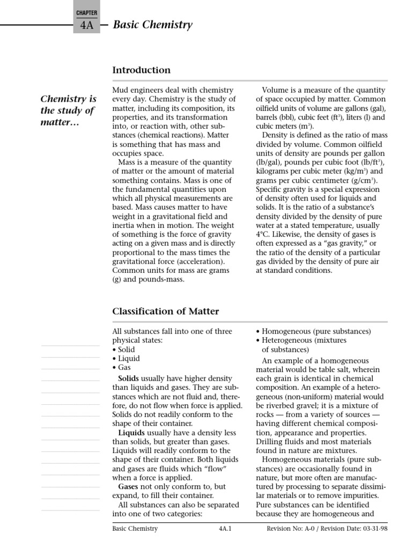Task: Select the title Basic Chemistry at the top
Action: [152, 25]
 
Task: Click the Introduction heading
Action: [141, 70]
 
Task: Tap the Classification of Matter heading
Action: [165, 311]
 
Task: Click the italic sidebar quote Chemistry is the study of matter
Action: [68, 110]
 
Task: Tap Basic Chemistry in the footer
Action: [135, 529]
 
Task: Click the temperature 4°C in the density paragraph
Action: [263, 234]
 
